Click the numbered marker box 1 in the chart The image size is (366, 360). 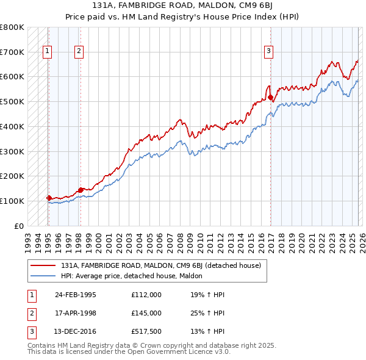(48, 52)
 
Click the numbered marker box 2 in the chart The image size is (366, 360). (79, 52)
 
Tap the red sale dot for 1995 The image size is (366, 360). (49, 198)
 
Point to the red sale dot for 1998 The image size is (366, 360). (81, 190)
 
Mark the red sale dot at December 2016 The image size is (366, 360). (270, 97)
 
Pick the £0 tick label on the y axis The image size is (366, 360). (18, 226)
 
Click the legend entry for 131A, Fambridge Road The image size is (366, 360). (161, 265)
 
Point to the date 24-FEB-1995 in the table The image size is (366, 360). (76, 295)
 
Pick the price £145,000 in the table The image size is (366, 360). (146, 313)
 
